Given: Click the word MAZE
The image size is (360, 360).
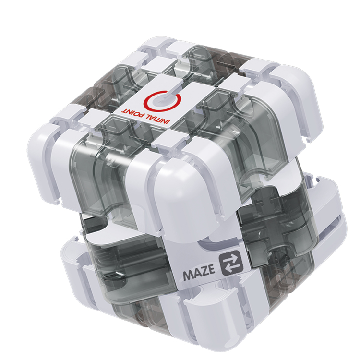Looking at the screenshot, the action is click(199, 272).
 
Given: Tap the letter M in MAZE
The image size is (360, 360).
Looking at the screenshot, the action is click(188, 275).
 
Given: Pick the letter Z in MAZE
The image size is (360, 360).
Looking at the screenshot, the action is click(204, 270).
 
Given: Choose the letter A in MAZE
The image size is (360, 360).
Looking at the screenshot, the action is click(197, 273).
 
